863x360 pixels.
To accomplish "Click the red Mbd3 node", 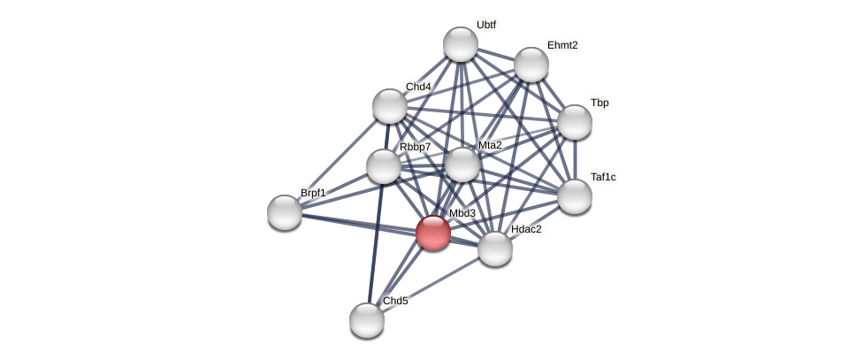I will point(432,233).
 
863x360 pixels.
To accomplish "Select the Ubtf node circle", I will point(460,44).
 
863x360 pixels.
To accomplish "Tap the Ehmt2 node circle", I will point(531,64).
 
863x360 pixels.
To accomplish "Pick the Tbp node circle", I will point(574,122).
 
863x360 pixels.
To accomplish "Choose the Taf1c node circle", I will point(574,195).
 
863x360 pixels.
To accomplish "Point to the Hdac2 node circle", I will point(494,249).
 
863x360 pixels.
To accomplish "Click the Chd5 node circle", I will point(366,319).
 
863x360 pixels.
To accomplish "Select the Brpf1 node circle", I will point(285,211).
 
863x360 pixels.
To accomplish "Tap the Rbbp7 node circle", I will point(383,166).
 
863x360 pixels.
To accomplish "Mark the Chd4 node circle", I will point(389,106).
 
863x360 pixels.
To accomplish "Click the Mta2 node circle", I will point(462,164).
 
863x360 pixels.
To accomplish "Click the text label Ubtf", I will point(486,25).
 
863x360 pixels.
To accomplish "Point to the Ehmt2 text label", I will point(562,45).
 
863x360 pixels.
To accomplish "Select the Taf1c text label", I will point(603,177).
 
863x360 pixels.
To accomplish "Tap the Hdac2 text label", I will point(526,229).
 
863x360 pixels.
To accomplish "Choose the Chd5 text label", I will point(395,301).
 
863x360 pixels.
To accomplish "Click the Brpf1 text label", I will point(313,193).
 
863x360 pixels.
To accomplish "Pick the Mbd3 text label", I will point(462,213).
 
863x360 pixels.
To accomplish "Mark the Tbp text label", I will point(600,103).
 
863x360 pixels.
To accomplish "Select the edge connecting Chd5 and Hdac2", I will point(431,284).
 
